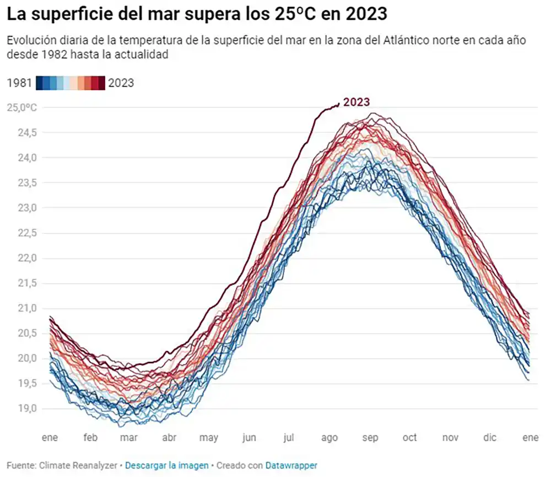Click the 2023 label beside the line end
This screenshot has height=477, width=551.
pos(356,102)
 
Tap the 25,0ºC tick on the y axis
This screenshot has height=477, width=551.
pos(21,107)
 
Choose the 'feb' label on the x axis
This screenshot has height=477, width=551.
pos(90,438)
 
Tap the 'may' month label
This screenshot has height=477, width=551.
pos(209,438)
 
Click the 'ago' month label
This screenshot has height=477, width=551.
pos(329,438)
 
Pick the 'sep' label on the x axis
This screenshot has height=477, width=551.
pos(370,438)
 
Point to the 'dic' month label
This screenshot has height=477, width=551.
pos(489,438)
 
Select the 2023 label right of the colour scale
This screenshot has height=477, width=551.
pos(121,83)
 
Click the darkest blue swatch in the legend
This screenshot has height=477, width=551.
pos(40,83)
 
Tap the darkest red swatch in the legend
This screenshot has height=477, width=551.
pos(101,83)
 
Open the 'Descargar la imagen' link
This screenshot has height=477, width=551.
pos(167,465)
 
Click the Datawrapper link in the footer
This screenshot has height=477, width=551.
pos(291,465)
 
